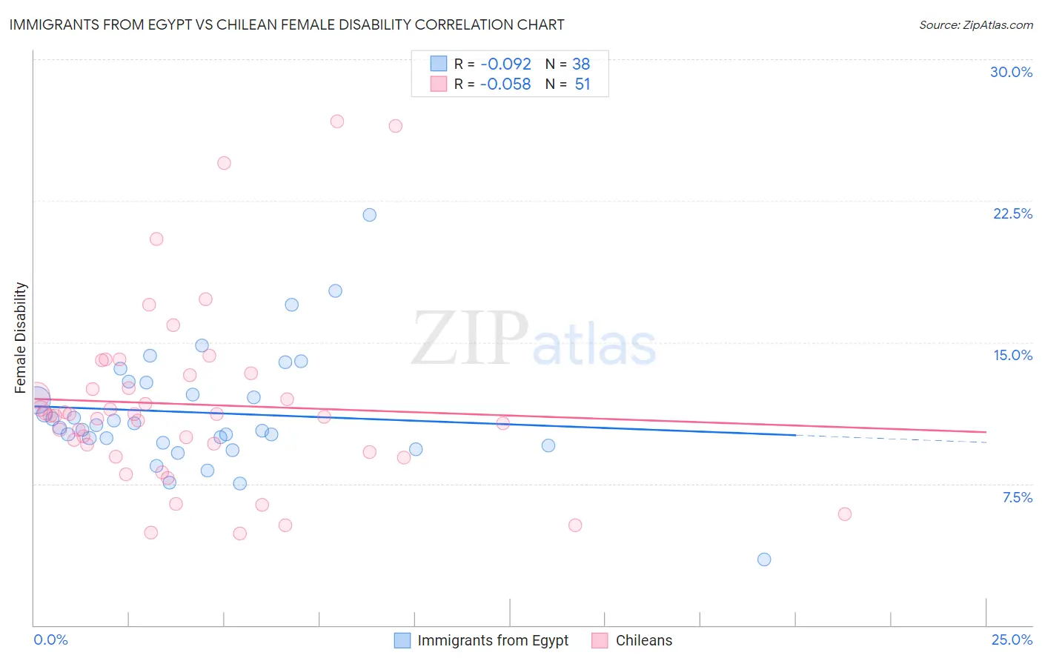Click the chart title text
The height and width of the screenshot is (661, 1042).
point(286,24)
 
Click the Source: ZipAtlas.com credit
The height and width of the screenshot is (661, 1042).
point(975,24)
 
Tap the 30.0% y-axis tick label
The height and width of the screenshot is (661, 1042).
point(1011,72)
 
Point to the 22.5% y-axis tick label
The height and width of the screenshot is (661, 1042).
point(1012,213)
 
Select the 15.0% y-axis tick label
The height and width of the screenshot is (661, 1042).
point(1012,355)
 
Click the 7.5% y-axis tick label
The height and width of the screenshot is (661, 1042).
point(1017,497)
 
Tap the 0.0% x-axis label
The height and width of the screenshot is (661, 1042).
point(50,640)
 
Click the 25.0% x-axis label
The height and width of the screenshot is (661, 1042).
point(1012,640)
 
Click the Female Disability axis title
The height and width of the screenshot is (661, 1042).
point(21,337)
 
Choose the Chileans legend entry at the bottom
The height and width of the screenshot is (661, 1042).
point(643,640)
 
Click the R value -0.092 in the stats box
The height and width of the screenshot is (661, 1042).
point(505,64)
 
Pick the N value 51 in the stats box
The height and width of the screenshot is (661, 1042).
point(583,84)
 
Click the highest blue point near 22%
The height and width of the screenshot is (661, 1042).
point(369,215)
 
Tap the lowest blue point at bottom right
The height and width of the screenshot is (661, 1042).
point(764,559)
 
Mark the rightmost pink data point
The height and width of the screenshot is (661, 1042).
point(844,514)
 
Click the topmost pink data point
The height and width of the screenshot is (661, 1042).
point(337,122)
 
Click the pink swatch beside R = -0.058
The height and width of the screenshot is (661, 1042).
point(439,84)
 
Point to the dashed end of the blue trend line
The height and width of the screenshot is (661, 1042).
point(889,439)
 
